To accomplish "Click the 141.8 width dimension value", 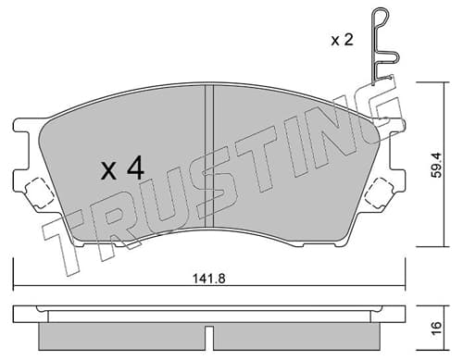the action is point(209,279).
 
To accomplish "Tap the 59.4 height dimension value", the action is point(437,165).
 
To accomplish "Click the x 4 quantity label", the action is point(122,168).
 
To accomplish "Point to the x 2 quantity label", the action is point(342,40).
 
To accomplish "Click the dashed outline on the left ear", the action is point(39,193).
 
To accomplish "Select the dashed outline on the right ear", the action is point(379,193).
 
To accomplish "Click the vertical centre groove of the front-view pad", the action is point(209,156).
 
